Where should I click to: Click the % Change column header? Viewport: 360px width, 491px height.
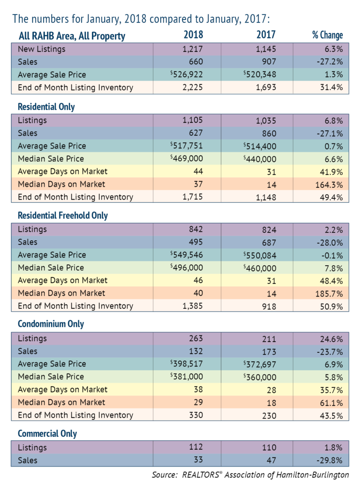click(x=327, y=35)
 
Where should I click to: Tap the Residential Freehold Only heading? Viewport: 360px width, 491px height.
click(x=63, y=216)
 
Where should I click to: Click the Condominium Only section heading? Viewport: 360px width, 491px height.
click(x=51, y=324)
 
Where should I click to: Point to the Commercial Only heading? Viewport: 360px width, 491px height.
click(x=47, y=433)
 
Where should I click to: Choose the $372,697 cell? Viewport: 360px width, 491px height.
click(x=260, y=364)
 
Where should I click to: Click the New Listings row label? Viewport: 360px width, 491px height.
click(x=42, y=49)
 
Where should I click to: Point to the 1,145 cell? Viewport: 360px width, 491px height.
click(x=265, y=49)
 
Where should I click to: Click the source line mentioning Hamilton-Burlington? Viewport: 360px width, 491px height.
click(x=250, y=475)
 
